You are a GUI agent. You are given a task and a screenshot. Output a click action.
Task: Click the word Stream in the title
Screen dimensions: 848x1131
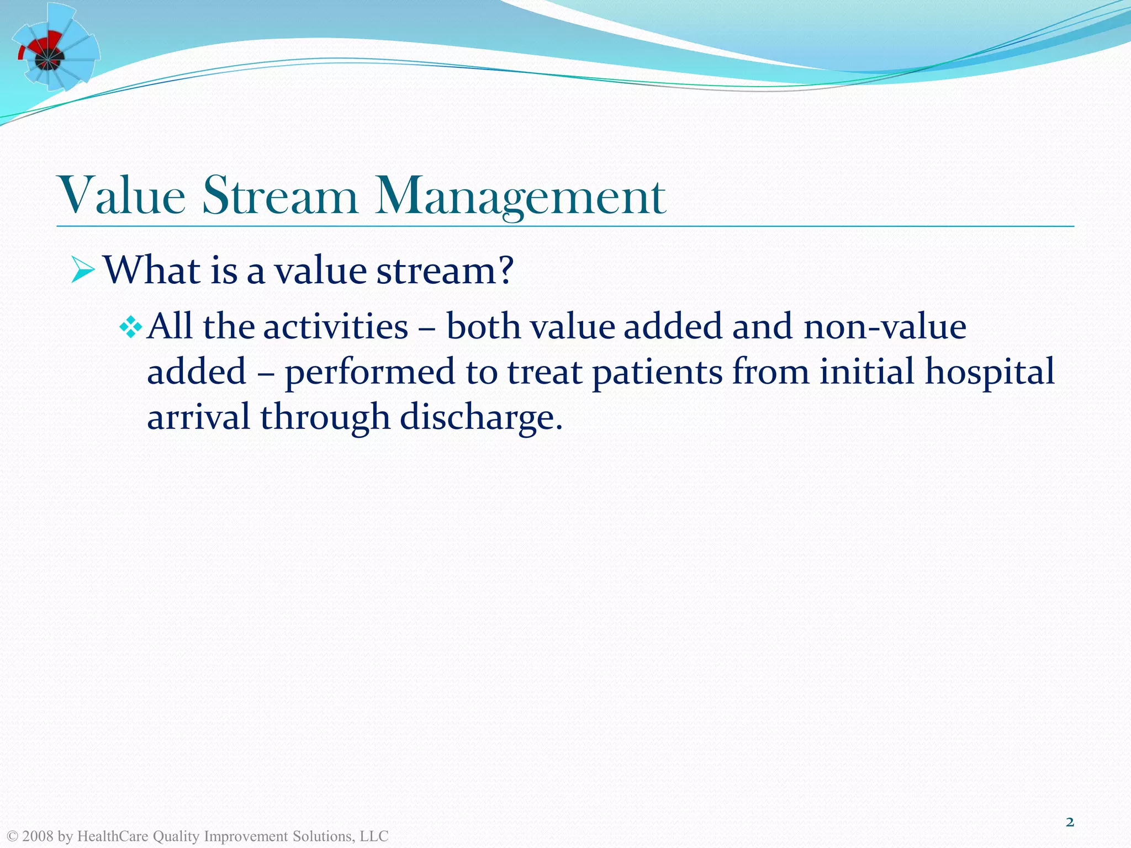point(279,196)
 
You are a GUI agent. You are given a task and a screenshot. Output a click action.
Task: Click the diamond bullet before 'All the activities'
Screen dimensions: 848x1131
point(131,327)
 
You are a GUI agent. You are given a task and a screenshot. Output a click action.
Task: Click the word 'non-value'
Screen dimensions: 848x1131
point(885,327)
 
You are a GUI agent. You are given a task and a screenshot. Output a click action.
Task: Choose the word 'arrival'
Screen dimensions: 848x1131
point(198,417)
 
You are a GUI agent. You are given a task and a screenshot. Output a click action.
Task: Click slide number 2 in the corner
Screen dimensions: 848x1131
point(1070,823)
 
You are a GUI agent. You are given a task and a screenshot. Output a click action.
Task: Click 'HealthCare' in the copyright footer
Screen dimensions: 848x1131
point(113,836)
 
